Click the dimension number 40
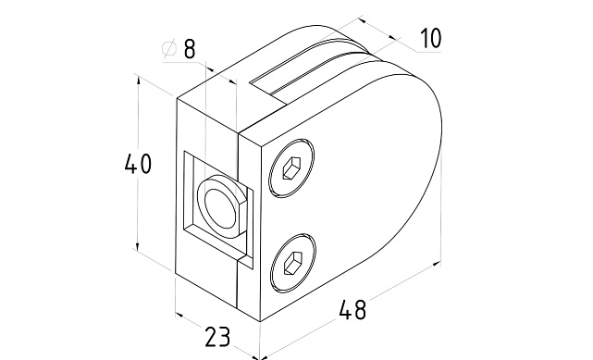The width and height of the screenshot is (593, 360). tap(138, 164)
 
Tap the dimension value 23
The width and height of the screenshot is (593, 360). tap(217, 337)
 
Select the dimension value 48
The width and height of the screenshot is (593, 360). tap(352, 309)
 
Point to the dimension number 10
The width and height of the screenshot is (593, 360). tap(431, 38)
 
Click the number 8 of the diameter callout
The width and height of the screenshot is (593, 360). tap(190, 48)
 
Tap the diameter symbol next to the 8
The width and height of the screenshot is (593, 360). tap(169, 48)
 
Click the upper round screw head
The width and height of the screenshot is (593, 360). tap(291, 168)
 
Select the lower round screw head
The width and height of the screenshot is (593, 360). tap(293, 263)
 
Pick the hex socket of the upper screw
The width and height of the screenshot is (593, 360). tap(291, 168)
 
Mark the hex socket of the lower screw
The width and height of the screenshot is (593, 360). tap(293, 264)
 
